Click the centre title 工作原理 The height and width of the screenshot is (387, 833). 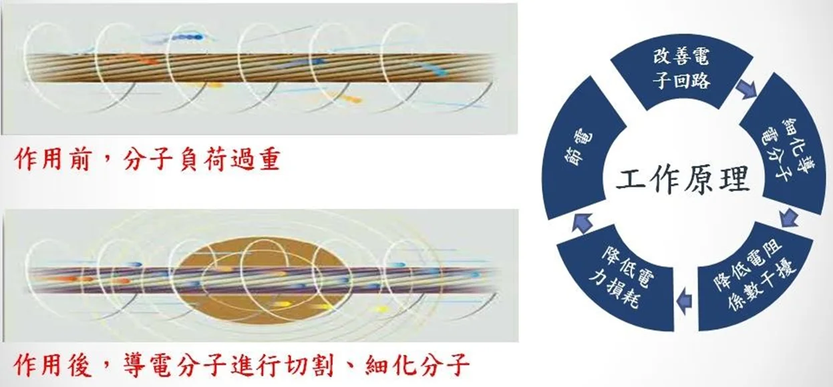[683, 181]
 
